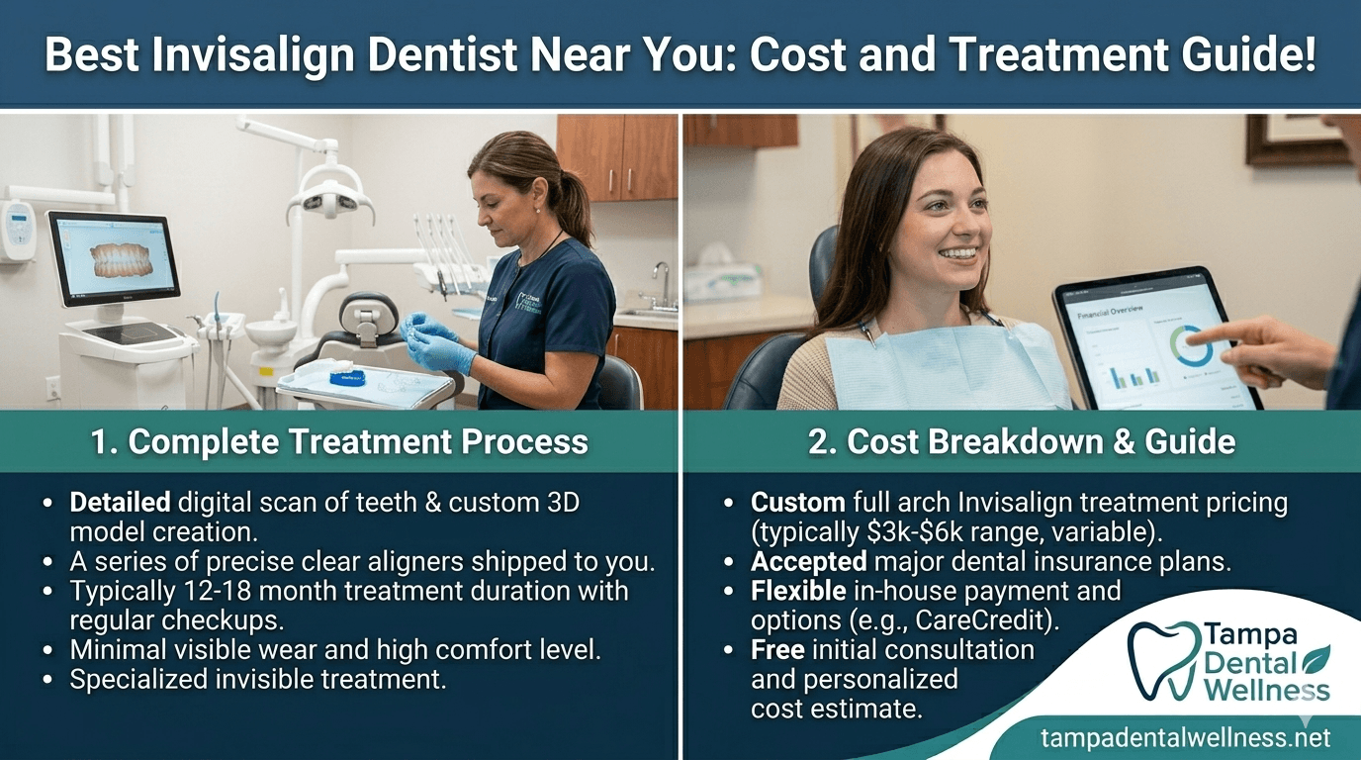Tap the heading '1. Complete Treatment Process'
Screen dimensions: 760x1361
coord(339,441)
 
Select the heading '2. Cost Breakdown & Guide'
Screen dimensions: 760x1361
coord(1022,441)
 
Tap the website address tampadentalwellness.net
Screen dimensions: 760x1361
coord(1186,737)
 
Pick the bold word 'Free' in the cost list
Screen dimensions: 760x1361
coord(776,650)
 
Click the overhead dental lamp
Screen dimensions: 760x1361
coord(330,202)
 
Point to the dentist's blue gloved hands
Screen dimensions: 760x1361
coord(430,342)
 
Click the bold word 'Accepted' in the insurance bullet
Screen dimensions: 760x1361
coord(807,562)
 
